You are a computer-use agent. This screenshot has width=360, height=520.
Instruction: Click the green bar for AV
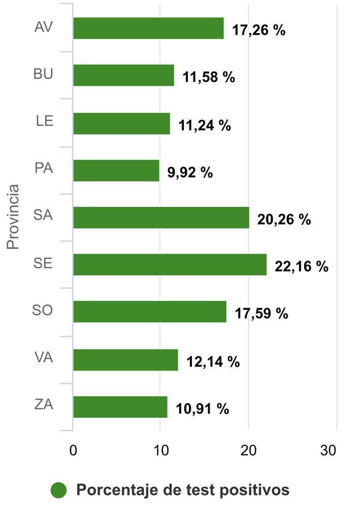point(148,28)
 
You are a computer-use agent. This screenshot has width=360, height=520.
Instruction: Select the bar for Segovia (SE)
point(170,265)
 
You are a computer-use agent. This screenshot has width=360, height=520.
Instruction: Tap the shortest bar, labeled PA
point(116,171)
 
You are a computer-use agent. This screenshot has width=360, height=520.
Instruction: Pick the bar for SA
point(161,217)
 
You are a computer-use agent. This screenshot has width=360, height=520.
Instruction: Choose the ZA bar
point(120,407)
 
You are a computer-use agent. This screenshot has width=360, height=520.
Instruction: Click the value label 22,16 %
point(302,267)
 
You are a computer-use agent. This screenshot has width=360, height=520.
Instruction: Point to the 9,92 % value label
point(190,173)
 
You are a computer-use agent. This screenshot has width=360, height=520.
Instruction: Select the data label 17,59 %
point(261,313)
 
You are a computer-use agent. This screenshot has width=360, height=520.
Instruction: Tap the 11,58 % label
point(209,78)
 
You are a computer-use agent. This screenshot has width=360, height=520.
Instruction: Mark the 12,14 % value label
point(213,362)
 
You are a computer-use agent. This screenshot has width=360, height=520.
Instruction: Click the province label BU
point(43,74)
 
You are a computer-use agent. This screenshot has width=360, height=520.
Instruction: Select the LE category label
point(45,121)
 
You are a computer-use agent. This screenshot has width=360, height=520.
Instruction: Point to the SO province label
point(43,310)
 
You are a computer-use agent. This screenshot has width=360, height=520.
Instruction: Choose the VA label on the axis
point(44,357)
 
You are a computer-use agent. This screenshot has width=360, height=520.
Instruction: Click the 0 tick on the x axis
point(73,450)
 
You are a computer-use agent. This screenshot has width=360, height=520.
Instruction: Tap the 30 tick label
point(329,450)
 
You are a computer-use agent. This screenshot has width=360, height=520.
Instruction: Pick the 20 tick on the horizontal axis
point(248,450)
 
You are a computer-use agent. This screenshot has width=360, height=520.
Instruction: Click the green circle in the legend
point(59,490)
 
